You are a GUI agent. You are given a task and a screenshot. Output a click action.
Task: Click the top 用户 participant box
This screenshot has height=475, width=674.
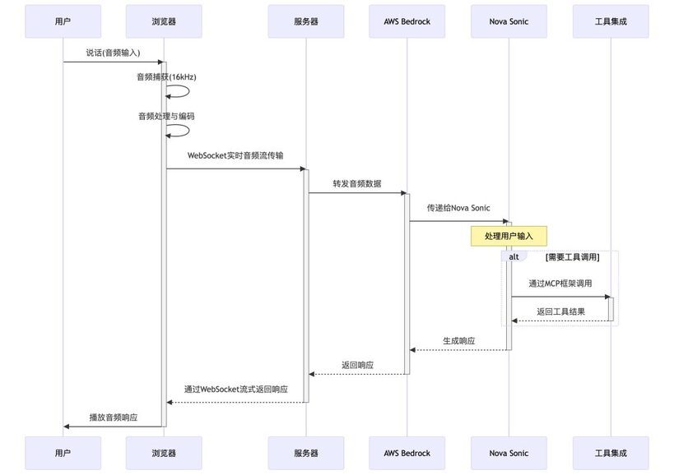coord(63,21)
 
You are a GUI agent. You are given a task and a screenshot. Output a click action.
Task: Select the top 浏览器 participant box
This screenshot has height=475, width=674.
coord(164,21)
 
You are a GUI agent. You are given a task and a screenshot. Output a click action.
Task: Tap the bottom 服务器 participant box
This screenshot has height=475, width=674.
coord(306,453)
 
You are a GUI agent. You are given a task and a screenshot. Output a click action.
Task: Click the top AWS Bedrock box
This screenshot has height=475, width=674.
coord(407,21)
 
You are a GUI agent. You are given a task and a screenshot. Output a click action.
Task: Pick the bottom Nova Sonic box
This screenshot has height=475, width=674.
coord(509,453)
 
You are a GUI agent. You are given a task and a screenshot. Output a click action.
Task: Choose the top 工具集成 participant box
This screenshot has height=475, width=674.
coord(611,21)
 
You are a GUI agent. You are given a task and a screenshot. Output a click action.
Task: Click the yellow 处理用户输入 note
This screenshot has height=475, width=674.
coord(509,236)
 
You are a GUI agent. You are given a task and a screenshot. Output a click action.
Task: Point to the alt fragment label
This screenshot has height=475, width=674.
coord(514,256)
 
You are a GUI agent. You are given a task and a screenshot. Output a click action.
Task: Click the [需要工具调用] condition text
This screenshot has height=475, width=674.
coord(573,257)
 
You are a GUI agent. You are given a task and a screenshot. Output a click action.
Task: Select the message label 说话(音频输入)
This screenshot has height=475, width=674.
coord(113,53)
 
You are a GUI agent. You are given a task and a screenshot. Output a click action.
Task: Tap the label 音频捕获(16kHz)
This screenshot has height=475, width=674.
coord(166,77)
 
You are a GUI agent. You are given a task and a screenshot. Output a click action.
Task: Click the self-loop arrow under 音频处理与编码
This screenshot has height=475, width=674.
coord(188,131)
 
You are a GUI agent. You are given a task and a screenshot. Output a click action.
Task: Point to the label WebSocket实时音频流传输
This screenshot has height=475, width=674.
coord(235,155)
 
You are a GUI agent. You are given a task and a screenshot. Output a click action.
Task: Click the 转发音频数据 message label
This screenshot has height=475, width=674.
coord(357,183)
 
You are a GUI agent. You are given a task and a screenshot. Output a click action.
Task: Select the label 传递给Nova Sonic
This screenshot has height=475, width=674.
coord(458,208)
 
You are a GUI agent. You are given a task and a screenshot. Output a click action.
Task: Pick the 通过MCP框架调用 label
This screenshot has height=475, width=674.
coord(560,284)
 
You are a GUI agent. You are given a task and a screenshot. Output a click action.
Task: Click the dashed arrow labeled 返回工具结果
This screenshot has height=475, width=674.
coord(560,321)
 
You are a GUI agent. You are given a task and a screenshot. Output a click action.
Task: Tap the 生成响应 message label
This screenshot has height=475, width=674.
coord(459,341)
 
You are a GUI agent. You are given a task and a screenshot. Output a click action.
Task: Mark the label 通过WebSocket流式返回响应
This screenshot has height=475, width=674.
coord(236,390)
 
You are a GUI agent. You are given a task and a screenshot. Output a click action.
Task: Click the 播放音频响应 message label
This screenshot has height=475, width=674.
coord(114,417)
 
